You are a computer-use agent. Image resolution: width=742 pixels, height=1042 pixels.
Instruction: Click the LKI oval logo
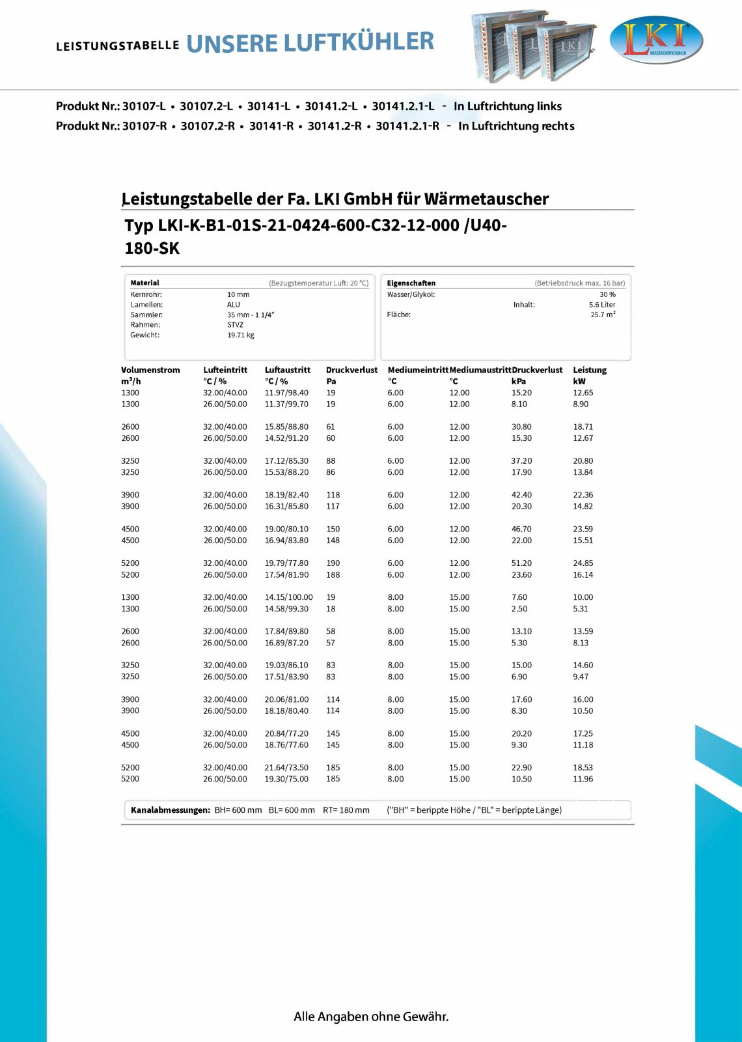[x=656, y=40]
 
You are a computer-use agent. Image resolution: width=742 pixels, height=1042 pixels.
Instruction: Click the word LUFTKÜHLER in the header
[x=359, y=42]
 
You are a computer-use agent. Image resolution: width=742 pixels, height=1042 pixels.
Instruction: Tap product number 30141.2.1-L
[x=403, y=106]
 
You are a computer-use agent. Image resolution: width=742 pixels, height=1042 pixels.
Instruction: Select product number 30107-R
[x=144, y=126]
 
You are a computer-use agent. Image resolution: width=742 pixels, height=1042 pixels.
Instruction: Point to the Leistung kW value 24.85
[x=583, y=563]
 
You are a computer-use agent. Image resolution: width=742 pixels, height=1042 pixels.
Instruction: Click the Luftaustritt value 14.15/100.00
[x=288, y=597]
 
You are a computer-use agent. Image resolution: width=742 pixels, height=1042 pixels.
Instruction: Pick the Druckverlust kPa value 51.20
[x=521, y=563]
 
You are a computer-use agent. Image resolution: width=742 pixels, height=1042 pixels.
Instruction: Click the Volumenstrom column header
[x=150, y=370]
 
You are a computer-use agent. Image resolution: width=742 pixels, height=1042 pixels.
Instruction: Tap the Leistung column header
[x=590, y=370]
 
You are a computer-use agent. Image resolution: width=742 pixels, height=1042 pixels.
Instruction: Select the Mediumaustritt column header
[x=480, y=370]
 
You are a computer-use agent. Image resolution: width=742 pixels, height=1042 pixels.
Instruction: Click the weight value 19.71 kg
[x=241, y=335]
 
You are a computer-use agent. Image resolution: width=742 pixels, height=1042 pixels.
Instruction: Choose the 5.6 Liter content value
[x=602, y=305]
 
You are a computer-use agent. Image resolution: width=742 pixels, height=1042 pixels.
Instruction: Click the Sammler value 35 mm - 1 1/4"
[x=251, y=315]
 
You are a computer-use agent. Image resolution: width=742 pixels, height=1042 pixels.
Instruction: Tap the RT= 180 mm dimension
[x=346, y=810]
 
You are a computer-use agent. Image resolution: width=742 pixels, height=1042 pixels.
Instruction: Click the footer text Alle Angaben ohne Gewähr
[x=371, y=1017]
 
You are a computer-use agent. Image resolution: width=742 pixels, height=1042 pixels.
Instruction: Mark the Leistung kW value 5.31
[x=580, y=609]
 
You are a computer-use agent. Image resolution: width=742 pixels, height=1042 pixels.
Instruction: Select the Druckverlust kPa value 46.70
[x=521, y=529]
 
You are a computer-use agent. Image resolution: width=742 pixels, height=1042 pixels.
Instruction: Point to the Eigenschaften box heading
[x=411, y=283]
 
